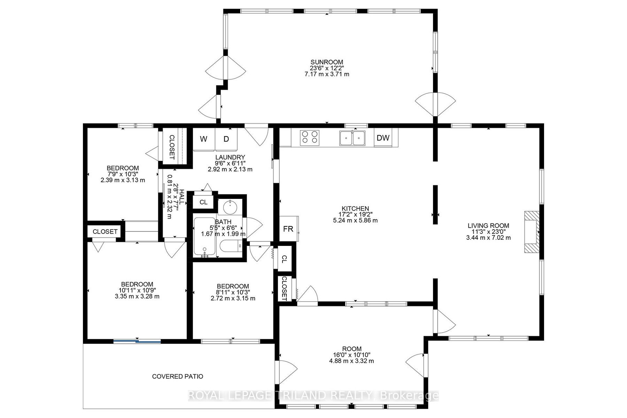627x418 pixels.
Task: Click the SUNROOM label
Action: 327,62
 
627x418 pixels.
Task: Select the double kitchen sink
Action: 353,138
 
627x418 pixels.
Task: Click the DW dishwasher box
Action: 383,138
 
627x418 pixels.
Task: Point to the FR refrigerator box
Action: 289,229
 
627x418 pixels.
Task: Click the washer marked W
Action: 204,139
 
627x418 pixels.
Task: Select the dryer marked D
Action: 226,139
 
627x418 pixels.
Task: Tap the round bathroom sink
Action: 230,207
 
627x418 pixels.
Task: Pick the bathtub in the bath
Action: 204,237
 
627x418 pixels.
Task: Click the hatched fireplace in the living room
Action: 532,232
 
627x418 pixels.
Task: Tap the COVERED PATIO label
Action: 178,376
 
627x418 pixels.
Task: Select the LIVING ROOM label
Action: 488,226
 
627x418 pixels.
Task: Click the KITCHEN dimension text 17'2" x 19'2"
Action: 355,215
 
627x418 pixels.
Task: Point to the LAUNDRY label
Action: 230,157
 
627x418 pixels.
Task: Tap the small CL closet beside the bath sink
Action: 203,202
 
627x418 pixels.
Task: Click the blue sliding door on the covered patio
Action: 137,341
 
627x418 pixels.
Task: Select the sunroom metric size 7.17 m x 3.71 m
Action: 327,74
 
